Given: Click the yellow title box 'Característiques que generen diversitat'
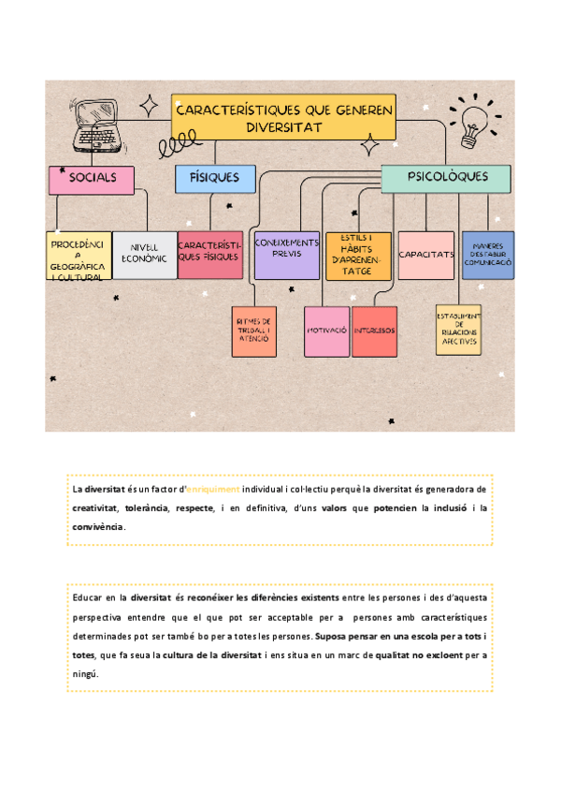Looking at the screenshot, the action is [x=283, y=117].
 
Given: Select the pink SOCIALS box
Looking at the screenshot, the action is [x=92, y=179].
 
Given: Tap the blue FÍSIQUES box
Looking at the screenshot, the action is [x=215, y=178].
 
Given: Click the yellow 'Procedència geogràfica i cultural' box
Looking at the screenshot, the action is [x=79, y=256].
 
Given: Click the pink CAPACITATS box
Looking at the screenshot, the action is [x=426, y=255].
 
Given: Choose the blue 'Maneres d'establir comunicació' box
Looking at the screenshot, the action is [x=488, y=255].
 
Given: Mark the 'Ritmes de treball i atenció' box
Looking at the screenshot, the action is [x=254, y=331].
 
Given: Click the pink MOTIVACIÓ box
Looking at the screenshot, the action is [x=327, y=331].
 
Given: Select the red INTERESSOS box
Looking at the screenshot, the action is [x=374, y=331].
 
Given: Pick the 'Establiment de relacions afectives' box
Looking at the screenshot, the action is [x=458, y=330].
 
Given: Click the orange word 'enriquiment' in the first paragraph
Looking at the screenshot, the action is [x=214, y=490].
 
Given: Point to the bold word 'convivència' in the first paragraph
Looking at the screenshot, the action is [x=97, y=526].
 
